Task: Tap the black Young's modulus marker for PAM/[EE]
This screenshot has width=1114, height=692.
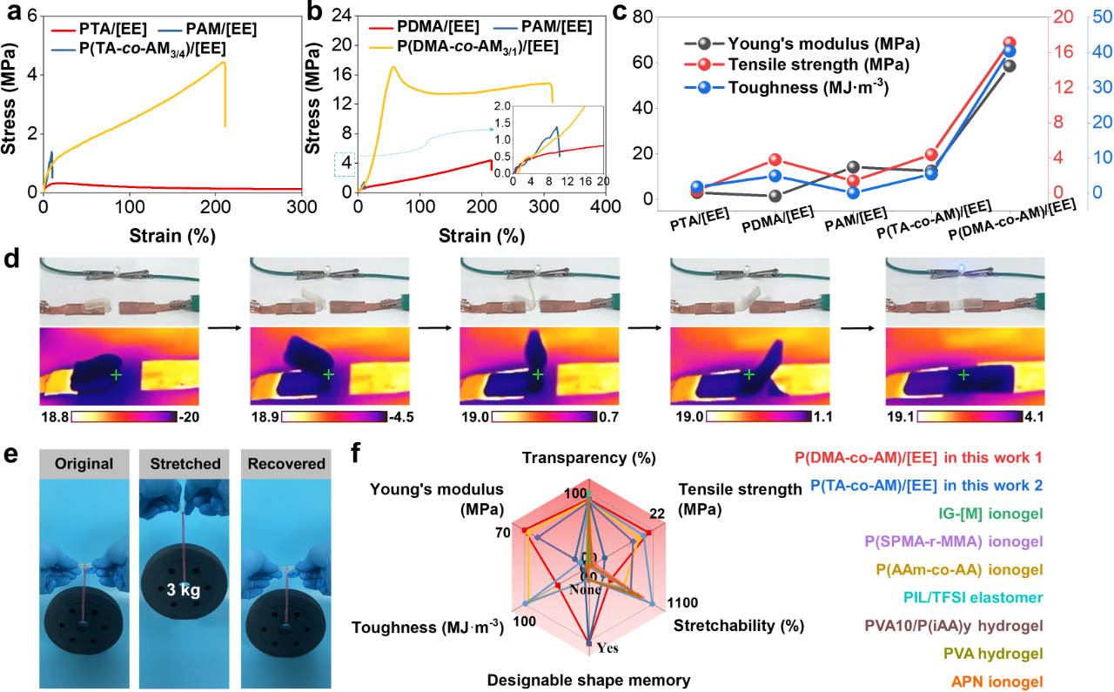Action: click(x=854, y=167)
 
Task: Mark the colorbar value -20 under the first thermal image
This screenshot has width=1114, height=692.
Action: click(x=188, y=418)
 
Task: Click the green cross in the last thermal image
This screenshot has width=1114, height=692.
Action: click(x=963, y=375)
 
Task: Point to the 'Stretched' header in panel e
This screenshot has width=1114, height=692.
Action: click(x=185, y=464)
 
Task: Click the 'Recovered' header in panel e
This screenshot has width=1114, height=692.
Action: click(x=286, y=464)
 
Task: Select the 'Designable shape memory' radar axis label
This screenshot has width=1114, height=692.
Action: click(x=588, y=680)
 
